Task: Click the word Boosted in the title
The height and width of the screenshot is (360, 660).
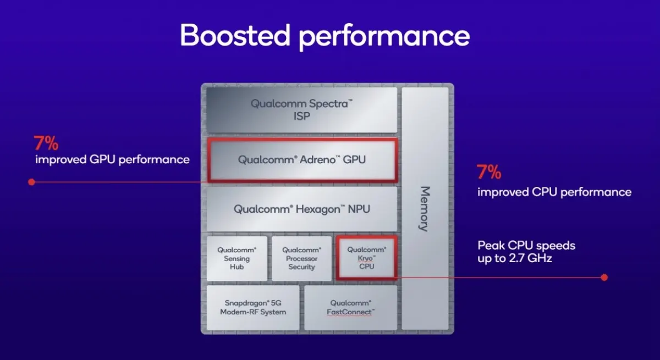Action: click(x=235, y=35)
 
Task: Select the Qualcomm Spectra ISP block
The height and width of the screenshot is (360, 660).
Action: click(x=302, y=110)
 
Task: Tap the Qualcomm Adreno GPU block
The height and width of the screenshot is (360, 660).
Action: click(x=302, y=160)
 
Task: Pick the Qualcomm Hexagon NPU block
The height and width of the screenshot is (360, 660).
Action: click(x=302, y=209)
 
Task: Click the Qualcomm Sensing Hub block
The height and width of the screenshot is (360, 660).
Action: click(x=237, y=258)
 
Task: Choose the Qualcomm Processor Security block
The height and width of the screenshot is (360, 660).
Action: click(x=302, y=258)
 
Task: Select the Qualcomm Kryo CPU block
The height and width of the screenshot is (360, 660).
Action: click(x=367, y=258)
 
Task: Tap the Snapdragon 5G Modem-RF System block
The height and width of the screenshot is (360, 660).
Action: click(x=253, y=308)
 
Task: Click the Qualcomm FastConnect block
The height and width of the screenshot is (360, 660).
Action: click(x=351, y=308)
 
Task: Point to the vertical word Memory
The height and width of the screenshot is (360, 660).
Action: click(x=425, y=209)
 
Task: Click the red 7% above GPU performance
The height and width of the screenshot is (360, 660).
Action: click(x=46, y=143)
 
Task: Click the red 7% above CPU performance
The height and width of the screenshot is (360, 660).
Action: click(x=489, y=172)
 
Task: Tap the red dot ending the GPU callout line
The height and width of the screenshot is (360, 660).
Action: click(x=31, y=182)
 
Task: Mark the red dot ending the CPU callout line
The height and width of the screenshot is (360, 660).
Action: click(x=604, y=278)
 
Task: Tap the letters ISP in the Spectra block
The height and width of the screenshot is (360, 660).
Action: click(x=302, y=117)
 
